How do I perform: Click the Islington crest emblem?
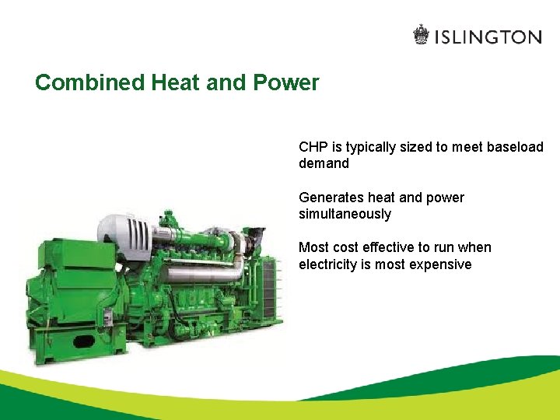click(x=421, y=35)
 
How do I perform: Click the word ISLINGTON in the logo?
click(x=488, y=37)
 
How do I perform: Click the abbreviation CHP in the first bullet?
click(x=313, y=147)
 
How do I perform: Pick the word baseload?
click(x=515, y=147)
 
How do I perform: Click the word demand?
click(x=324, y=164)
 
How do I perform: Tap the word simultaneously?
click(x=345, y=214)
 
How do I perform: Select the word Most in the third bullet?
click(x=313, y=247)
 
